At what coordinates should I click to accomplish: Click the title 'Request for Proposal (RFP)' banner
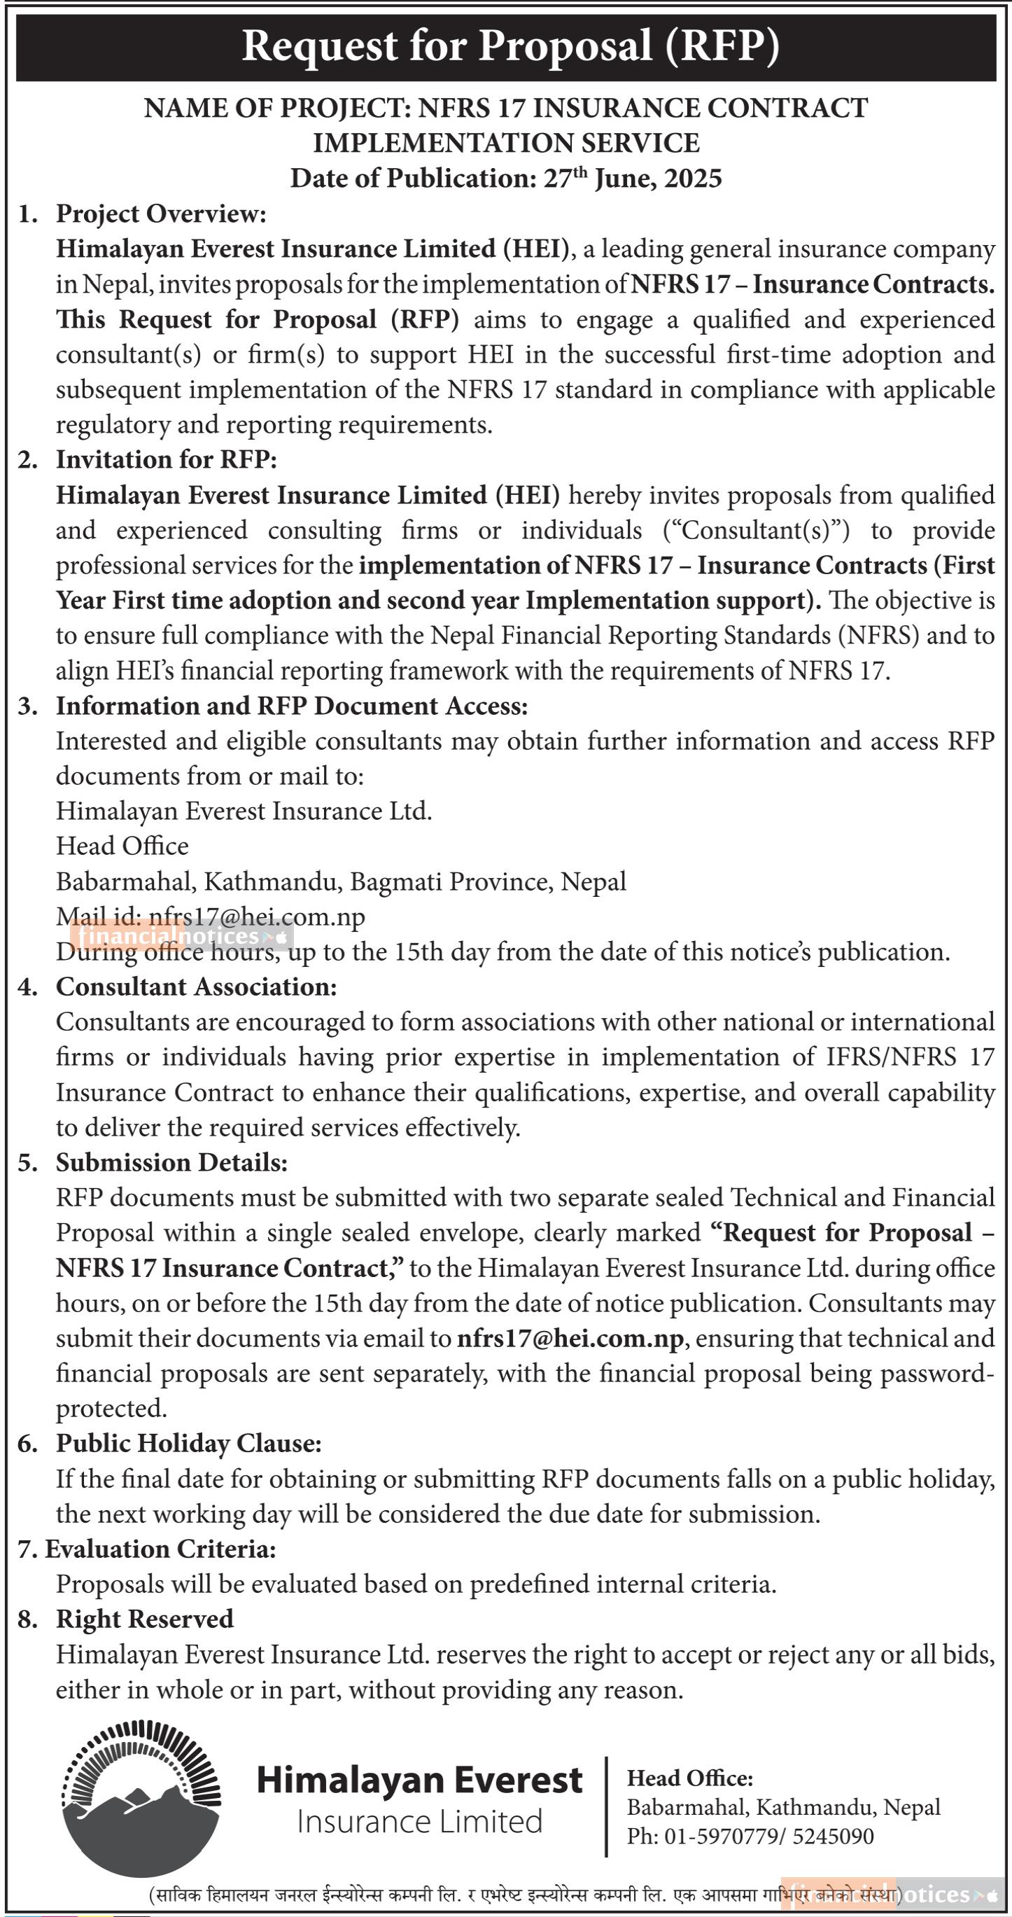tap(510, 46)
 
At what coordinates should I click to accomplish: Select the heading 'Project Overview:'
tap(161, 214)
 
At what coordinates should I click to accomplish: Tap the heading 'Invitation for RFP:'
tap(166, 460)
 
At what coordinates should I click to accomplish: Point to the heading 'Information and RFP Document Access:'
tap(292, 706)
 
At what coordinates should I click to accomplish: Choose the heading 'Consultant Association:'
tap(197, 987)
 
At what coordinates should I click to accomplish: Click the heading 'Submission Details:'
tap(171, 1162)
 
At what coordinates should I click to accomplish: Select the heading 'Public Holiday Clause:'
tap(189, 1443)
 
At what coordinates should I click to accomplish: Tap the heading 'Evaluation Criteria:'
tap(161, 1549)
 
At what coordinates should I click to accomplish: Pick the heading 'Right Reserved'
tap(144, 1619)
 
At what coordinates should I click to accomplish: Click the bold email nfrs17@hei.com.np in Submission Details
tap(570, 1339)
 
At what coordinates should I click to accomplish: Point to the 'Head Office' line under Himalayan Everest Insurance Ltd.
tap(122, 846)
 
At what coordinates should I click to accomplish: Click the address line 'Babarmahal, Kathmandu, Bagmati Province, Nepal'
tap(341, 882)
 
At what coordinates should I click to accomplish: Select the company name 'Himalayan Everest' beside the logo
tap(419, 1780)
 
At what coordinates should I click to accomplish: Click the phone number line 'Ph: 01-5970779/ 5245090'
tap(750, 1836)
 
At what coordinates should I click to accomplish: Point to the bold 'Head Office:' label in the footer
tap(690, 1778)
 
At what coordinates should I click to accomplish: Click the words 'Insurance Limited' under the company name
tap(419, 1822)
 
